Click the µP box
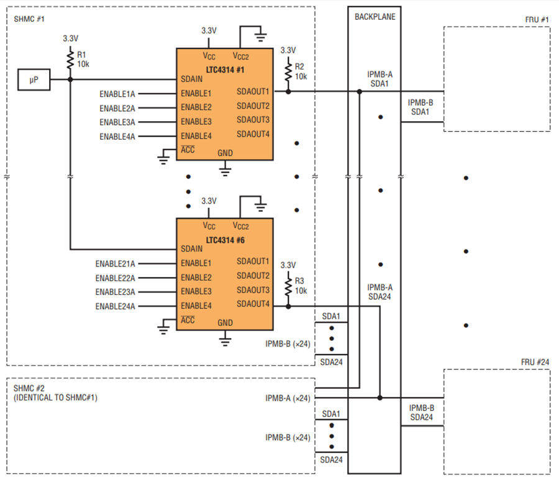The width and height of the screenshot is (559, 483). [34, 79]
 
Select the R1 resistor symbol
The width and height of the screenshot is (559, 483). [70, 59]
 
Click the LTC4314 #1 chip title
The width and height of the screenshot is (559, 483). [225, 70]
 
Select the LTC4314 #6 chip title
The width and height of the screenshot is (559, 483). [225, 240]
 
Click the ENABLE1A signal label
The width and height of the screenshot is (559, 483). [117, 94]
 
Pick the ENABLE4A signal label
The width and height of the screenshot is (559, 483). [117, 137]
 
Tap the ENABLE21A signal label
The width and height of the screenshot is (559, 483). [115, 264]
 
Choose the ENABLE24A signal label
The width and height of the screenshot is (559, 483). [115, 307]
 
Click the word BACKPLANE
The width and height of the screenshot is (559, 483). [375, 17]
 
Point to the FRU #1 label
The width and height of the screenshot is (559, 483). [537, 20]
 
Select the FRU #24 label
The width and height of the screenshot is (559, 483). [535, 362]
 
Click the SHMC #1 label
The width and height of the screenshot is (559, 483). [29, 19]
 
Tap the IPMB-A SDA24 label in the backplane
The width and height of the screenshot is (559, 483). [379, 292]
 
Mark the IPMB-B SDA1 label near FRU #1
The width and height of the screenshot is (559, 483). [420, 107]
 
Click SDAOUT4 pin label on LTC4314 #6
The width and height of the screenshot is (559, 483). [253, 304]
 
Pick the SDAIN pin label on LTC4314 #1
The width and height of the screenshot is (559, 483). [191, 79]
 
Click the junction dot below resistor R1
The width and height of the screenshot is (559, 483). [70, 79]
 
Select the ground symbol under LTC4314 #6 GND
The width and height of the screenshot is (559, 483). [225, 340]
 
